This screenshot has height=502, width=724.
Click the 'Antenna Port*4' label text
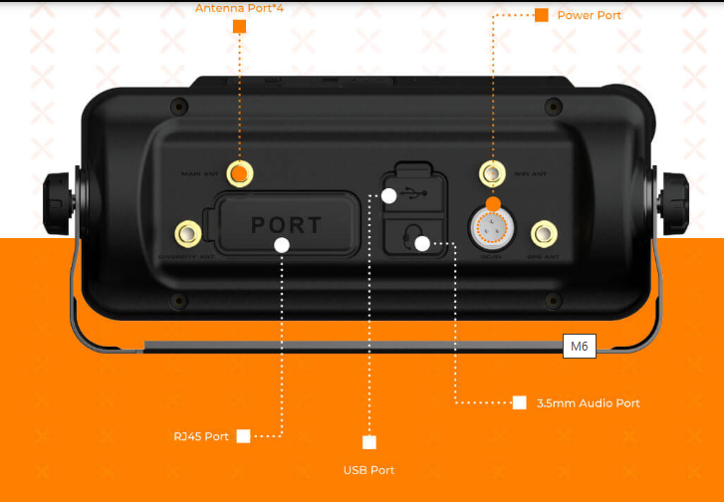(x=239, y=7)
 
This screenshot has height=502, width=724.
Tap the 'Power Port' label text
(x=589, y=15)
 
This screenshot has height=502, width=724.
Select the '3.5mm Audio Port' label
(x=588, y=403)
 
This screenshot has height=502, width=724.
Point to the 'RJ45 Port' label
(x=201, y=436)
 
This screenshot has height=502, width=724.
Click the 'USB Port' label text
(x=369, y=469)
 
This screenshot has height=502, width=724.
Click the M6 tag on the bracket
(x=579, y=347)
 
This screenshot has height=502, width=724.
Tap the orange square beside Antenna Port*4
(x=239, y=27)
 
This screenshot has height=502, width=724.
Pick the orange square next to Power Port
(x=542, y=15)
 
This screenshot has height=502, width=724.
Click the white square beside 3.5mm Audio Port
(x=519, y=403)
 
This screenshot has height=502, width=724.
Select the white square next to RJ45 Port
(x=243, y=436)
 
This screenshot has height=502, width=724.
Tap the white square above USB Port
(x=369, y=442)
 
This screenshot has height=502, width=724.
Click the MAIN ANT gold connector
(x=239, y=173)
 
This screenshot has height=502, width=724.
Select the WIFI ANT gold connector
(x=491, y=174)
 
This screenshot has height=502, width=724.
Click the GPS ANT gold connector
(x=543, y=235)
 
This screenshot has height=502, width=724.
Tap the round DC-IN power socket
(x=491, y=230)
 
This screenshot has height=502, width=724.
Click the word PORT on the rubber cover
(x=286, y=225)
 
